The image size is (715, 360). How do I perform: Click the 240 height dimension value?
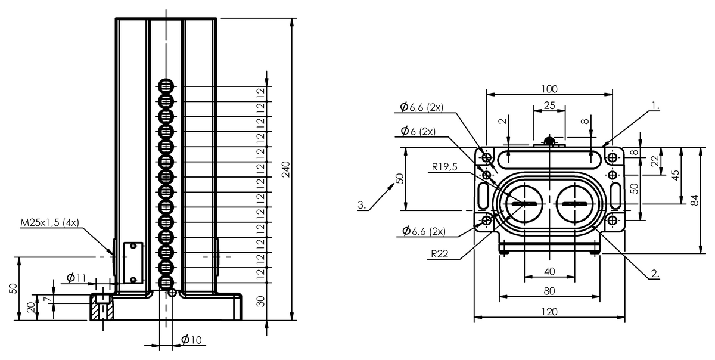[x=285, y=169]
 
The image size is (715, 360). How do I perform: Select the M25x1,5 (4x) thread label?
[x=49, y=222]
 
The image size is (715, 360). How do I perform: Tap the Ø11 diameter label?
[x=76, y=278]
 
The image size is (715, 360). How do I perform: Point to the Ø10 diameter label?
[x=191, y=340]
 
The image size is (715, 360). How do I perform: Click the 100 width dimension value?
[x=549, y=89]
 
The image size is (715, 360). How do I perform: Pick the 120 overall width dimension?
[x=549, y=312]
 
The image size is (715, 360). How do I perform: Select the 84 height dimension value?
[x=694, y=200]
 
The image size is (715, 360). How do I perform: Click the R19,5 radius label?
[x=444, y=167]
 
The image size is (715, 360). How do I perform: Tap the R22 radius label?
[x=440, y=254]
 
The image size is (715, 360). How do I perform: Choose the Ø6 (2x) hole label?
[x=418, y=131]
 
